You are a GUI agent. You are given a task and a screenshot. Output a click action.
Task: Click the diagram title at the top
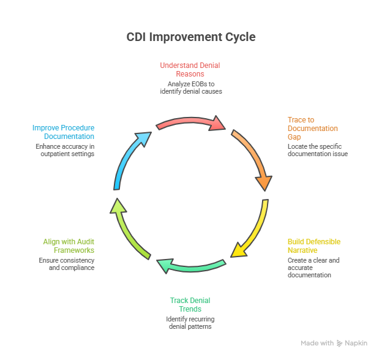coord(191,38)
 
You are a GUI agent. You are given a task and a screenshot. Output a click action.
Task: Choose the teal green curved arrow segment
coord(190,267)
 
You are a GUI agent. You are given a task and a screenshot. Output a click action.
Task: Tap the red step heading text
coord(190,70)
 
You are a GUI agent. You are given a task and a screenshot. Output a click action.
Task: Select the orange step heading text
coord(312,129)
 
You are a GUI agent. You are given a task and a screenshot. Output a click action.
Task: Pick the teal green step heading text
coord(190,306)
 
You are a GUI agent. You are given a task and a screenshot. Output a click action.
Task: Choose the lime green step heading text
coord(68,247)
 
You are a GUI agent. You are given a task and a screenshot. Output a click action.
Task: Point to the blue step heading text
coord(64,132)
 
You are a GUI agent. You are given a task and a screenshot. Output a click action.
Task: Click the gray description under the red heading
coord(190,89)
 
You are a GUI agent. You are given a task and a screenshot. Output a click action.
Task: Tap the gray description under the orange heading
coord(316,150)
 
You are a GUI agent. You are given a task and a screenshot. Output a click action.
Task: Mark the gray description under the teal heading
coord(190,324)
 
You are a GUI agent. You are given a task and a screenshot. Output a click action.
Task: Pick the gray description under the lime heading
coord(68,265)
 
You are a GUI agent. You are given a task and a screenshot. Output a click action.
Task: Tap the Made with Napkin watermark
coord(334,345)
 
